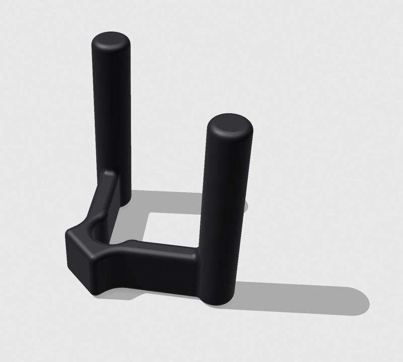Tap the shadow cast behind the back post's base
(x=151, y=199)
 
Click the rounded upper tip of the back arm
(x=108, y=174)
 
